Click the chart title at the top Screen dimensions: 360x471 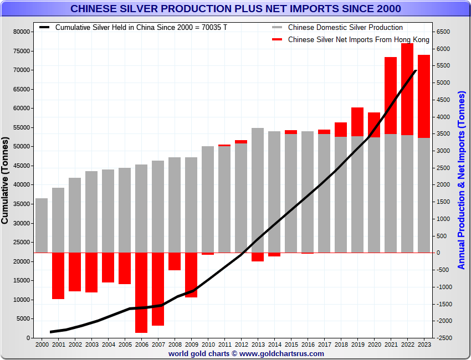pos(235,9)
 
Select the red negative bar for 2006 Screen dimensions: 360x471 pos(141,292)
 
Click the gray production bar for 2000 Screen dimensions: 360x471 pos(42,225)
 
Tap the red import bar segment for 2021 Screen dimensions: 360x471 pos(391,95)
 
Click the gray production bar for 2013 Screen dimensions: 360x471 pos(258,190)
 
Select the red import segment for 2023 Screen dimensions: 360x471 pos(424,96)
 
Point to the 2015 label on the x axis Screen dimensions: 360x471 pos(291,344)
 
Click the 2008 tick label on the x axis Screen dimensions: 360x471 pos(175,344)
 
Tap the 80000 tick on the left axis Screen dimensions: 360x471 pos(22,32)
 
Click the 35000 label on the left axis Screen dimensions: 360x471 pos(22,204)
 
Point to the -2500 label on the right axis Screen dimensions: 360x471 pos(444,338)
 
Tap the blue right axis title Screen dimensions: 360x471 pos(462,182)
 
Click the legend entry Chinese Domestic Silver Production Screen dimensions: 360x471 pos(345,27)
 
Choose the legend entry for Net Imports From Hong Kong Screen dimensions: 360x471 pos(359,40)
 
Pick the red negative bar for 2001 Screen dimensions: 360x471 pos(58,275)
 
